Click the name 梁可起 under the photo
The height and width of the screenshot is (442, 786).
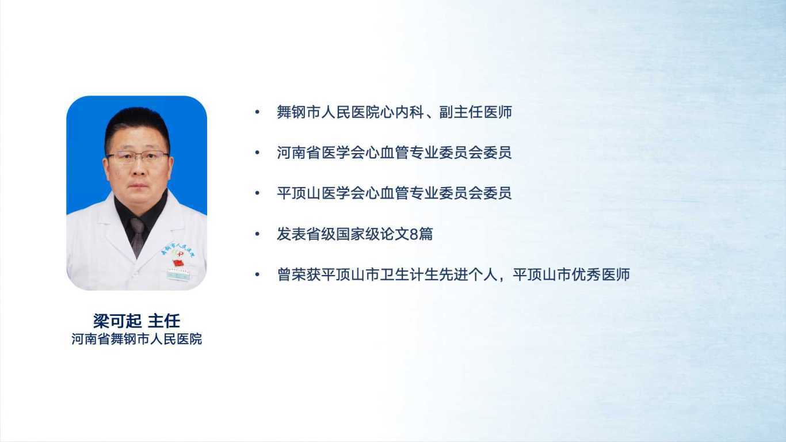pos(117,321)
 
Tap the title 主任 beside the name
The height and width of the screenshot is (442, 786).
pos(164,321)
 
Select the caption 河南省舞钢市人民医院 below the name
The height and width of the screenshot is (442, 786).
pos(136,339)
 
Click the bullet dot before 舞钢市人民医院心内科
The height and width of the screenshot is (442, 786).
pos(257,112)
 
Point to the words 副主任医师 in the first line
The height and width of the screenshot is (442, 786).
pos(475,112)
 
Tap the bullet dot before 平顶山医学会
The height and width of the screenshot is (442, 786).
pos(257,193)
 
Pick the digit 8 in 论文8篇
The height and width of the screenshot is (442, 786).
pos(414,234)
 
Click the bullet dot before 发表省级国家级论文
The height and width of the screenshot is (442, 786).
pos(257,234)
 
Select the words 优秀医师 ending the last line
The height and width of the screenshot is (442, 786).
pos(601,275)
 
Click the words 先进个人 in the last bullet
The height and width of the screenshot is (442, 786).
pos(468,275)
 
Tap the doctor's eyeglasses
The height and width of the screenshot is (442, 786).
pos(138,157)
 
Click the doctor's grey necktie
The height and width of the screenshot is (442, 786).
pos(137,236)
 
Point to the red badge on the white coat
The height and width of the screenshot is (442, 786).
pos(178,262)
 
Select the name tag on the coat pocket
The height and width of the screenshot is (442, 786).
pos(178,274)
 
